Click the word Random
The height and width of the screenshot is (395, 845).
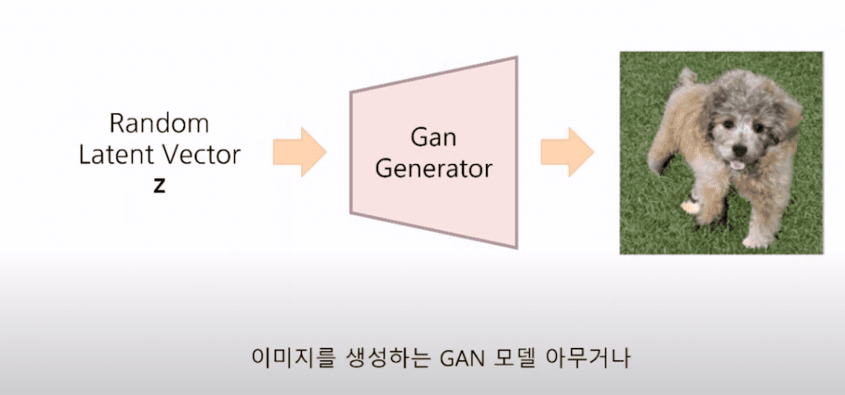click(159, 125)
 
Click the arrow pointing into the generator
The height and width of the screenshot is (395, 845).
click(302, 152)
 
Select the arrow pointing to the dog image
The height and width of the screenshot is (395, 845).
click(568, 152)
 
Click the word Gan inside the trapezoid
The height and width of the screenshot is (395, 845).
click(433, 138)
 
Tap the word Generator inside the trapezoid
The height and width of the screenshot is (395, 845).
click(433, 169)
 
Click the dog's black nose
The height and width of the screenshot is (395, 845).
click(739, 151)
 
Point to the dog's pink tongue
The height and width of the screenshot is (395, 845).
click(736, 165)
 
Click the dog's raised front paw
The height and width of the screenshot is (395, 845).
click(689, 206)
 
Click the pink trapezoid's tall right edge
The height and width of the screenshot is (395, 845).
click(517, 152)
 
